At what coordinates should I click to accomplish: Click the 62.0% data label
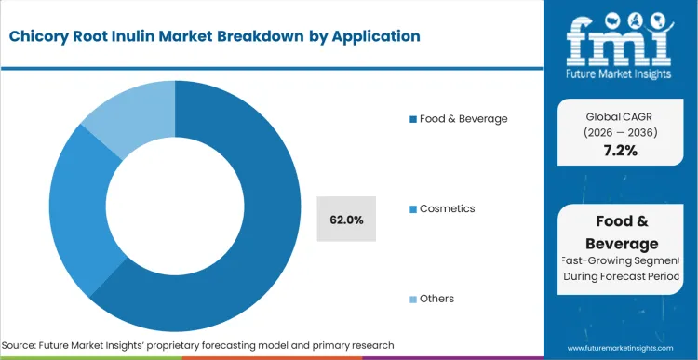(x=346, y=220)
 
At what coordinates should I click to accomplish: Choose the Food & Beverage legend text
(x=463, y=118)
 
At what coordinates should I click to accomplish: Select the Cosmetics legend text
(x=447, y=208)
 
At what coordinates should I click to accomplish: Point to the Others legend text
(x=438, y=299)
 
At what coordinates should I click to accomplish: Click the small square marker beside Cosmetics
(x=413, y=209)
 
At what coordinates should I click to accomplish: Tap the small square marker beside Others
(x=413, y=300)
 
